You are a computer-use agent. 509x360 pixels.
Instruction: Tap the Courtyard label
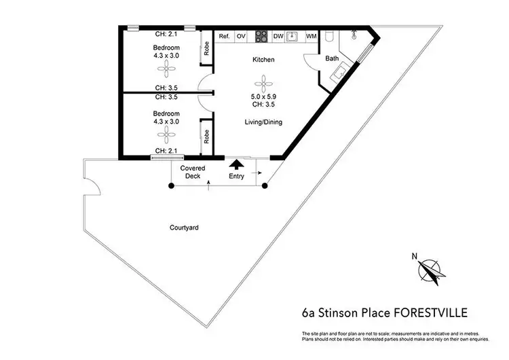pyautogui.click(x=183, y=228)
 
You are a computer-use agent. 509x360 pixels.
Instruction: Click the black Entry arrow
pyautogui.click(x=236, y=164)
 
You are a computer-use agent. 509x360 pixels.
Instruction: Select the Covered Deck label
pyautogui.click(x=193, y=172)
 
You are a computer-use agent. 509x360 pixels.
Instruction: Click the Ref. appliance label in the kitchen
pyautogui.click(x=224, y=36)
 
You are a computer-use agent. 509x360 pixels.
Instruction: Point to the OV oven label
pyautogui.click(x=241, y=36)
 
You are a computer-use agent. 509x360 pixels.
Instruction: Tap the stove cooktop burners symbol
pyautogui.click(x=261, y=36)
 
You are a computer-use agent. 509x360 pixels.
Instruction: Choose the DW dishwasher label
pyautogui.click(x=278, y=36)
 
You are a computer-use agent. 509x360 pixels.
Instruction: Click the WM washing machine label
pyautogui.click(x=311, y=36)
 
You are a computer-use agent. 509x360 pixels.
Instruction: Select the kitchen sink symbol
pyautogui.click(x=294, y=36)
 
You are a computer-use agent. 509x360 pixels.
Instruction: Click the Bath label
pyautogui.click(x=332, y=59)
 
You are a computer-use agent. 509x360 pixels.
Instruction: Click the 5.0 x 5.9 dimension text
pyautogui.click(x=263, y=96)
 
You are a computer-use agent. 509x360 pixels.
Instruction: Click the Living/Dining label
pyautogui.click(x=263, y=122)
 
